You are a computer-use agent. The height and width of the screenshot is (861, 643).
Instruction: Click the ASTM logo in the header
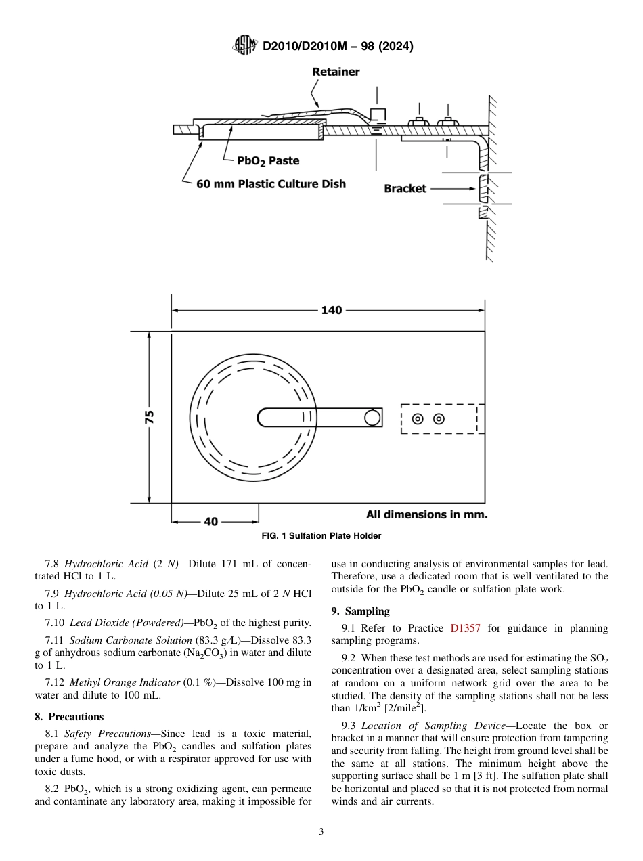(x=244, y=46)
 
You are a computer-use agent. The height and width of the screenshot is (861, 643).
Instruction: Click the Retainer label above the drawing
(x=336, y=72)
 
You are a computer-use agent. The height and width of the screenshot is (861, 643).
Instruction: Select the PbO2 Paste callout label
(x=268, y=160)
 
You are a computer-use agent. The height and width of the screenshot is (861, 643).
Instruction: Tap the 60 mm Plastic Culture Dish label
(x=271, y=184)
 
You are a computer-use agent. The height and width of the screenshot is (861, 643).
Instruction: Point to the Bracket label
(x=405, y=189)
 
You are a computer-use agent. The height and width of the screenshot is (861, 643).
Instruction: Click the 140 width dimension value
(x=332, y=310)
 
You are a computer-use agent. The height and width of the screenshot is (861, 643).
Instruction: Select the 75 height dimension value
(x=150, y=417)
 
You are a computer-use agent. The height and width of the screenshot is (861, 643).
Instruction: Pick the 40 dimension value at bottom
(x=211, y=522)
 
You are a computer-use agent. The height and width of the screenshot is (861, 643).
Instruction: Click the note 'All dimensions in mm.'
(x=426, y=514)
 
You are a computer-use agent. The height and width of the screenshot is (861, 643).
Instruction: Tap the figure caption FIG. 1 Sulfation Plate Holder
(x=321, y=536)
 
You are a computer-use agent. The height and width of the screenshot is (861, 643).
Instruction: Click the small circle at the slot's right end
(x=372, y=418)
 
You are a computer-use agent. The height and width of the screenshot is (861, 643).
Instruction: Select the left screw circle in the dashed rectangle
(x=418, y=419)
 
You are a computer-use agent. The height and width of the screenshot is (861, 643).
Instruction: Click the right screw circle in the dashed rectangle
(x=439, y=419)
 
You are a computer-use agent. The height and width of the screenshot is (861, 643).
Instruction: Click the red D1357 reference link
(x=465, y=628)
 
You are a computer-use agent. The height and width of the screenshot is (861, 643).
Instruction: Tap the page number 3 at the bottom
(x=321, y=832)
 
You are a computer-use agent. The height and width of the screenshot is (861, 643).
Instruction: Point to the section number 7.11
(x=56, y=640)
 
